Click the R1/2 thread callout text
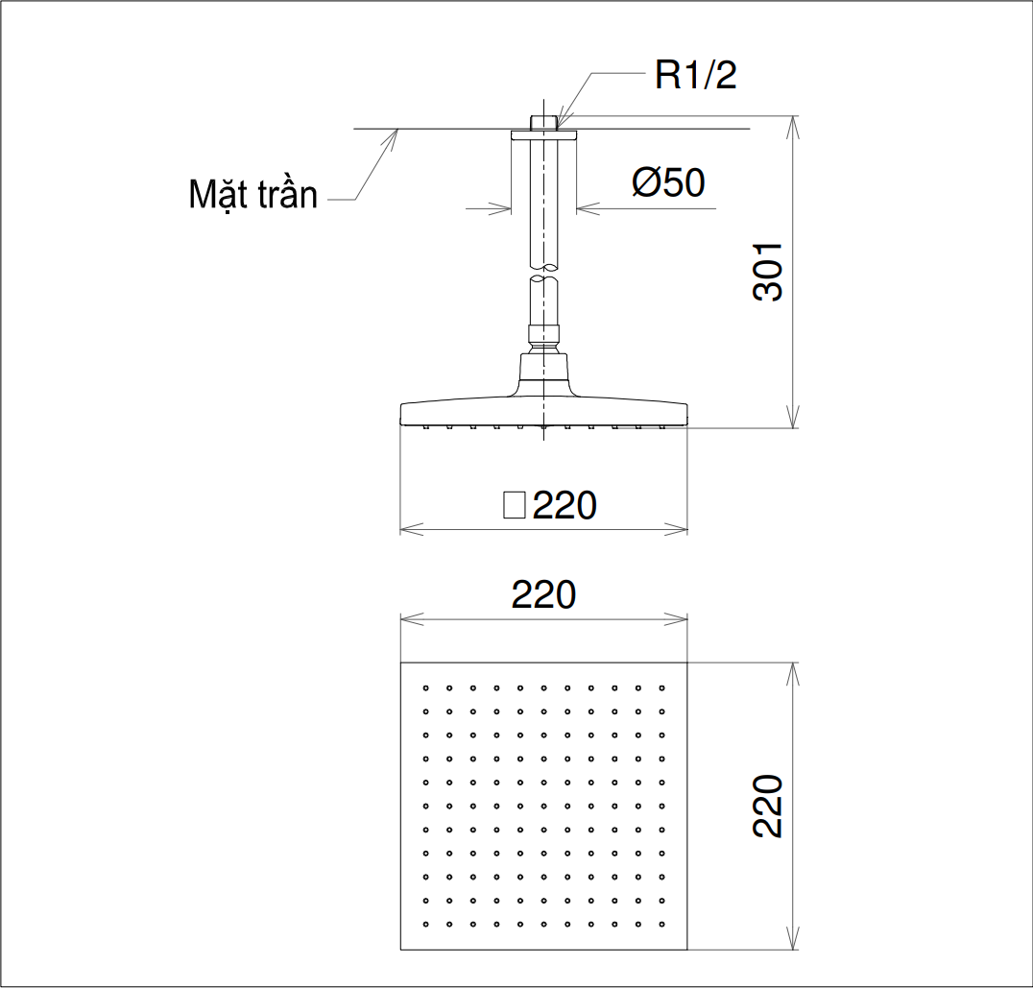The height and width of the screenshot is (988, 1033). [695, 76]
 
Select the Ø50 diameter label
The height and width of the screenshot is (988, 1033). [668, 181]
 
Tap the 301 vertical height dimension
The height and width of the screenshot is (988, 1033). [768, 273]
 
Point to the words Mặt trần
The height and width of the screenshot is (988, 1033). [252, 195]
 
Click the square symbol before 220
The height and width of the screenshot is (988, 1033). [515, 505]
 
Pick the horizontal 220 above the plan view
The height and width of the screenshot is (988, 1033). [543, 595]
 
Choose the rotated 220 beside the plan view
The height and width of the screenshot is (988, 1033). [768, 806]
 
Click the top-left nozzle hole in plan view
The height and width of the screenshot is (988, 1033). [425, 687]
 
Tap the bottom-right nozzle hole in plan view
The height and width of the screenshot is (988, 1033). [661, 924]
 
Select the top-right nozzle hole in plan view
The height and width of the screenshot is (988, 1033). [661, 687]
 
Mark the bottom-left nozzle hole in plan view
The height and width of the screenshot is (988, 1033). [425, 924]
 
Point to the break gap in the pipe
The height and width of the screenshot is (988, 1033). [544, 273]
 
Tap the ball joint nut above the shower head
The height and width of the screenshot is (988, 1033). [544, 335]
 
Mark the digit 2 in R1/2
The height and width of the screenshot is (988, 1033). [726, 76]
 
